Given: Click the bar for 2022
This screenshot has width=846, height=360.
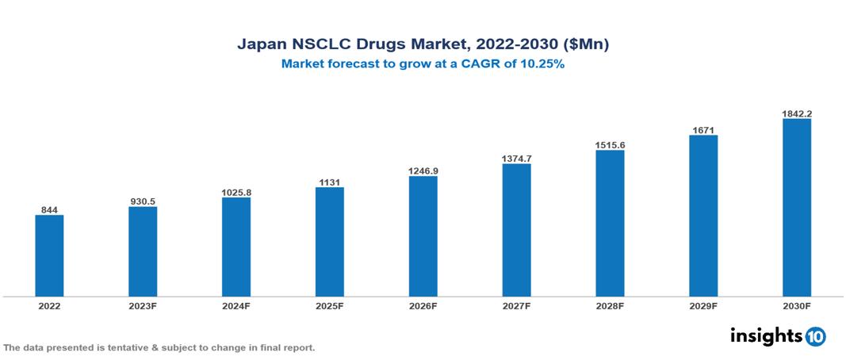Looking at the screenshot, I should tap(49, 255).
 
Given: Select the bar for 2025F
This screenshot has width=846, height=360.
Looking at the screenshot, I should tap(329, 242).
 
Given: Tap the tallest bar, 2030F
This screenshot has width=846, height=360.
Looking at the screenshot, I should tap(796, 208).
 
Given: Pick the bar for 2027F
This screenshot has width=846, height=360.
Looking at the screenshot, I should tap(516, 230).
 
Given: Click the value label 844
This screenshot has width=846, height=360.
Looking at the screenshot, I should tap(49, 210).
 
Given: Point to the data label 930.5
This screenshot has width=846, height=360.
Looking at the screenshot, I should tap(143, 202).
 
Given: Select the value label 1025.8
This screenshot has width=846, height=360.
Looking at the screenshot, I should tap(236, 193).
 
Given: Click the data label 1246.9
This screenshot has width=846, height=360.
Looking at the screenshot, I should tap(423, 170).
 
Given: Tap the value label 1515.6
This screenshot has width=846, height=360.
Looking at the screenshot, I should tap(610, 145).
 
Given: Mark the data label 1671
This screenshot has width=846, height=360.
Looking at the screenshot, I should tap(703, 129).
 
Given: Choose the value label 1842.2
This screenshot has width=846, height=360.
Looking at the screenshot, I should tap(796, 113).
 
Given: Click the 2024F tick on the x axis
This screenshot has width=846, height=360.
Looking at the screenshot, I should tap(236, 306).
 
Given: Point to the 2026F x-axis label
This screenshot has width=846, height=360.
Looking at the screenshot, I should tap(423, 306).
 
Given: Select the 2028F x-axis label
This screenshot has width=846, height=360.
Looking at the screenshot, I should tap(610, 306).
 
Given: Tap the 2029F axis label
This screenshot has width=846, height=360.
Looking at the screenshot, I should tap(703, 306).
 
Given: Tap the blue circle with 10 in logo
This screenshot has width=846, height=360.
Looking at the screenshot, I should tap(815, 336).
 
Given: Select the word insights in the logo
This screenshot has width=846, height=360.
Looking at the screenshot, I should tap(766, 335).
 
